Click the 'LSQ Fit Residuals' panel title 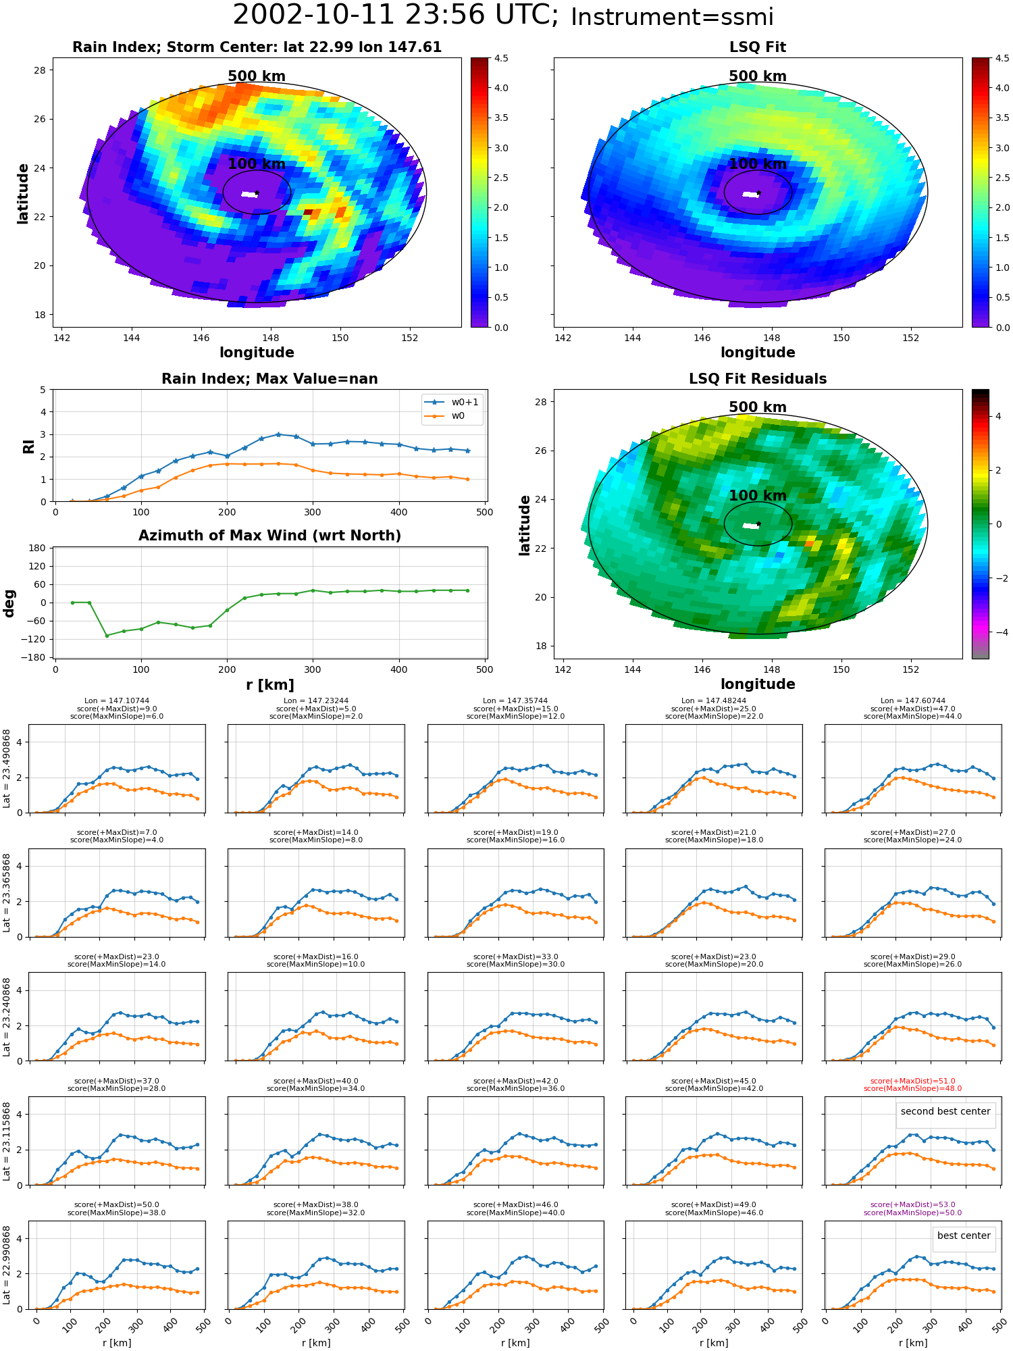pos(758,379)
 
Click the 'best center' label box pos(964,1235)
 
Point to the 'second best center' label pos(945,1111)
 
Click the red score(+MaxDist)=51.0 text pos(912,1081)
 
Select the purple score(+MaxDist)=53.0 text pos(912,1204)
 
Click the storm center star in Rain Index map pos(257,193)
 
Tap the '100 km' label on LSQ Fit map pos(758,164)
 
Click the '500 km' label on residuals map pos(758,407)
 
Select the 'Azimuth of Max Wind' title pos(269,536)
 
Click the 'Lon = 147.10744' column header pos(117,701)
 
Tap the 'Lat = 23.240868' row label pos(7,1016)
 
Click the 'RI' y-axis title pos(28,446)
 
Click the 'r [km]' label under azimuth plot pos(269,685)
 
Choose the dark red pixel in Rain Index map pos(308,212)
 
